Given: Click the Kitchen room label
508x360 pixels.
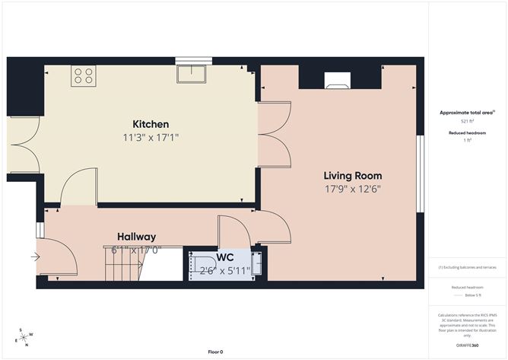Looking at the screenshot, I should click(x=151, y=124).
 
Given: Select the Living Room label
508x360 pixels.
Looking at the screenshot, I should click(x=352, y=176).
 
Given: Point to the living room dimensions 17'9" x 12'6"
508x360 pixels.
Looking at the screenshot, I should click(x=352, y=189).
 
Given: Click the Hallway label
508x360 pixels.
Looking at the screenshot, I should click(x=136, y=237).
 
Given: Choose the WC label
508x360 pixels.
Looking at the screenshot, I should click(x=226, y=257).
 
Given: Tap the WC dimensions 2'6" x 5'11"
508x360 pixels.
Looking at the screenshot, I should click(x=225, y=270).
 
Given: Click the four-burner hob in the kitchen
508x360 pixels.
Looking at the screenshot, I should click(x=82, y=76).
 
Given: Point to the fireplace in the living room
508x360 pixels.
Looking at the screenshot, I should click(x=338, y=80).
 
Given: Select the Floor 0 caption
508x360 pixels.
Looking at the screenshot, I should click(x=216, y=352).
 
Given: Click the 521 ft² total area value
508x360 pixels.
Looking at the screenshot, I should click(x=467, y=121).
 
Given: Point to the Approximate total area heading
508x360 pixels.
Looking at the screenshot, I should click(x=467, y=112).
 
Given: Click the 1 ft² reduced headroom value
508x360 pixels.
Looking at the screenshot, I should click(x=467, y=140).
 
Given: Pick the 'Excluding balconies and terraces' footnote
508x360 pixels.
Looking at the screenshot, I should click(x=467, y=267).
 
